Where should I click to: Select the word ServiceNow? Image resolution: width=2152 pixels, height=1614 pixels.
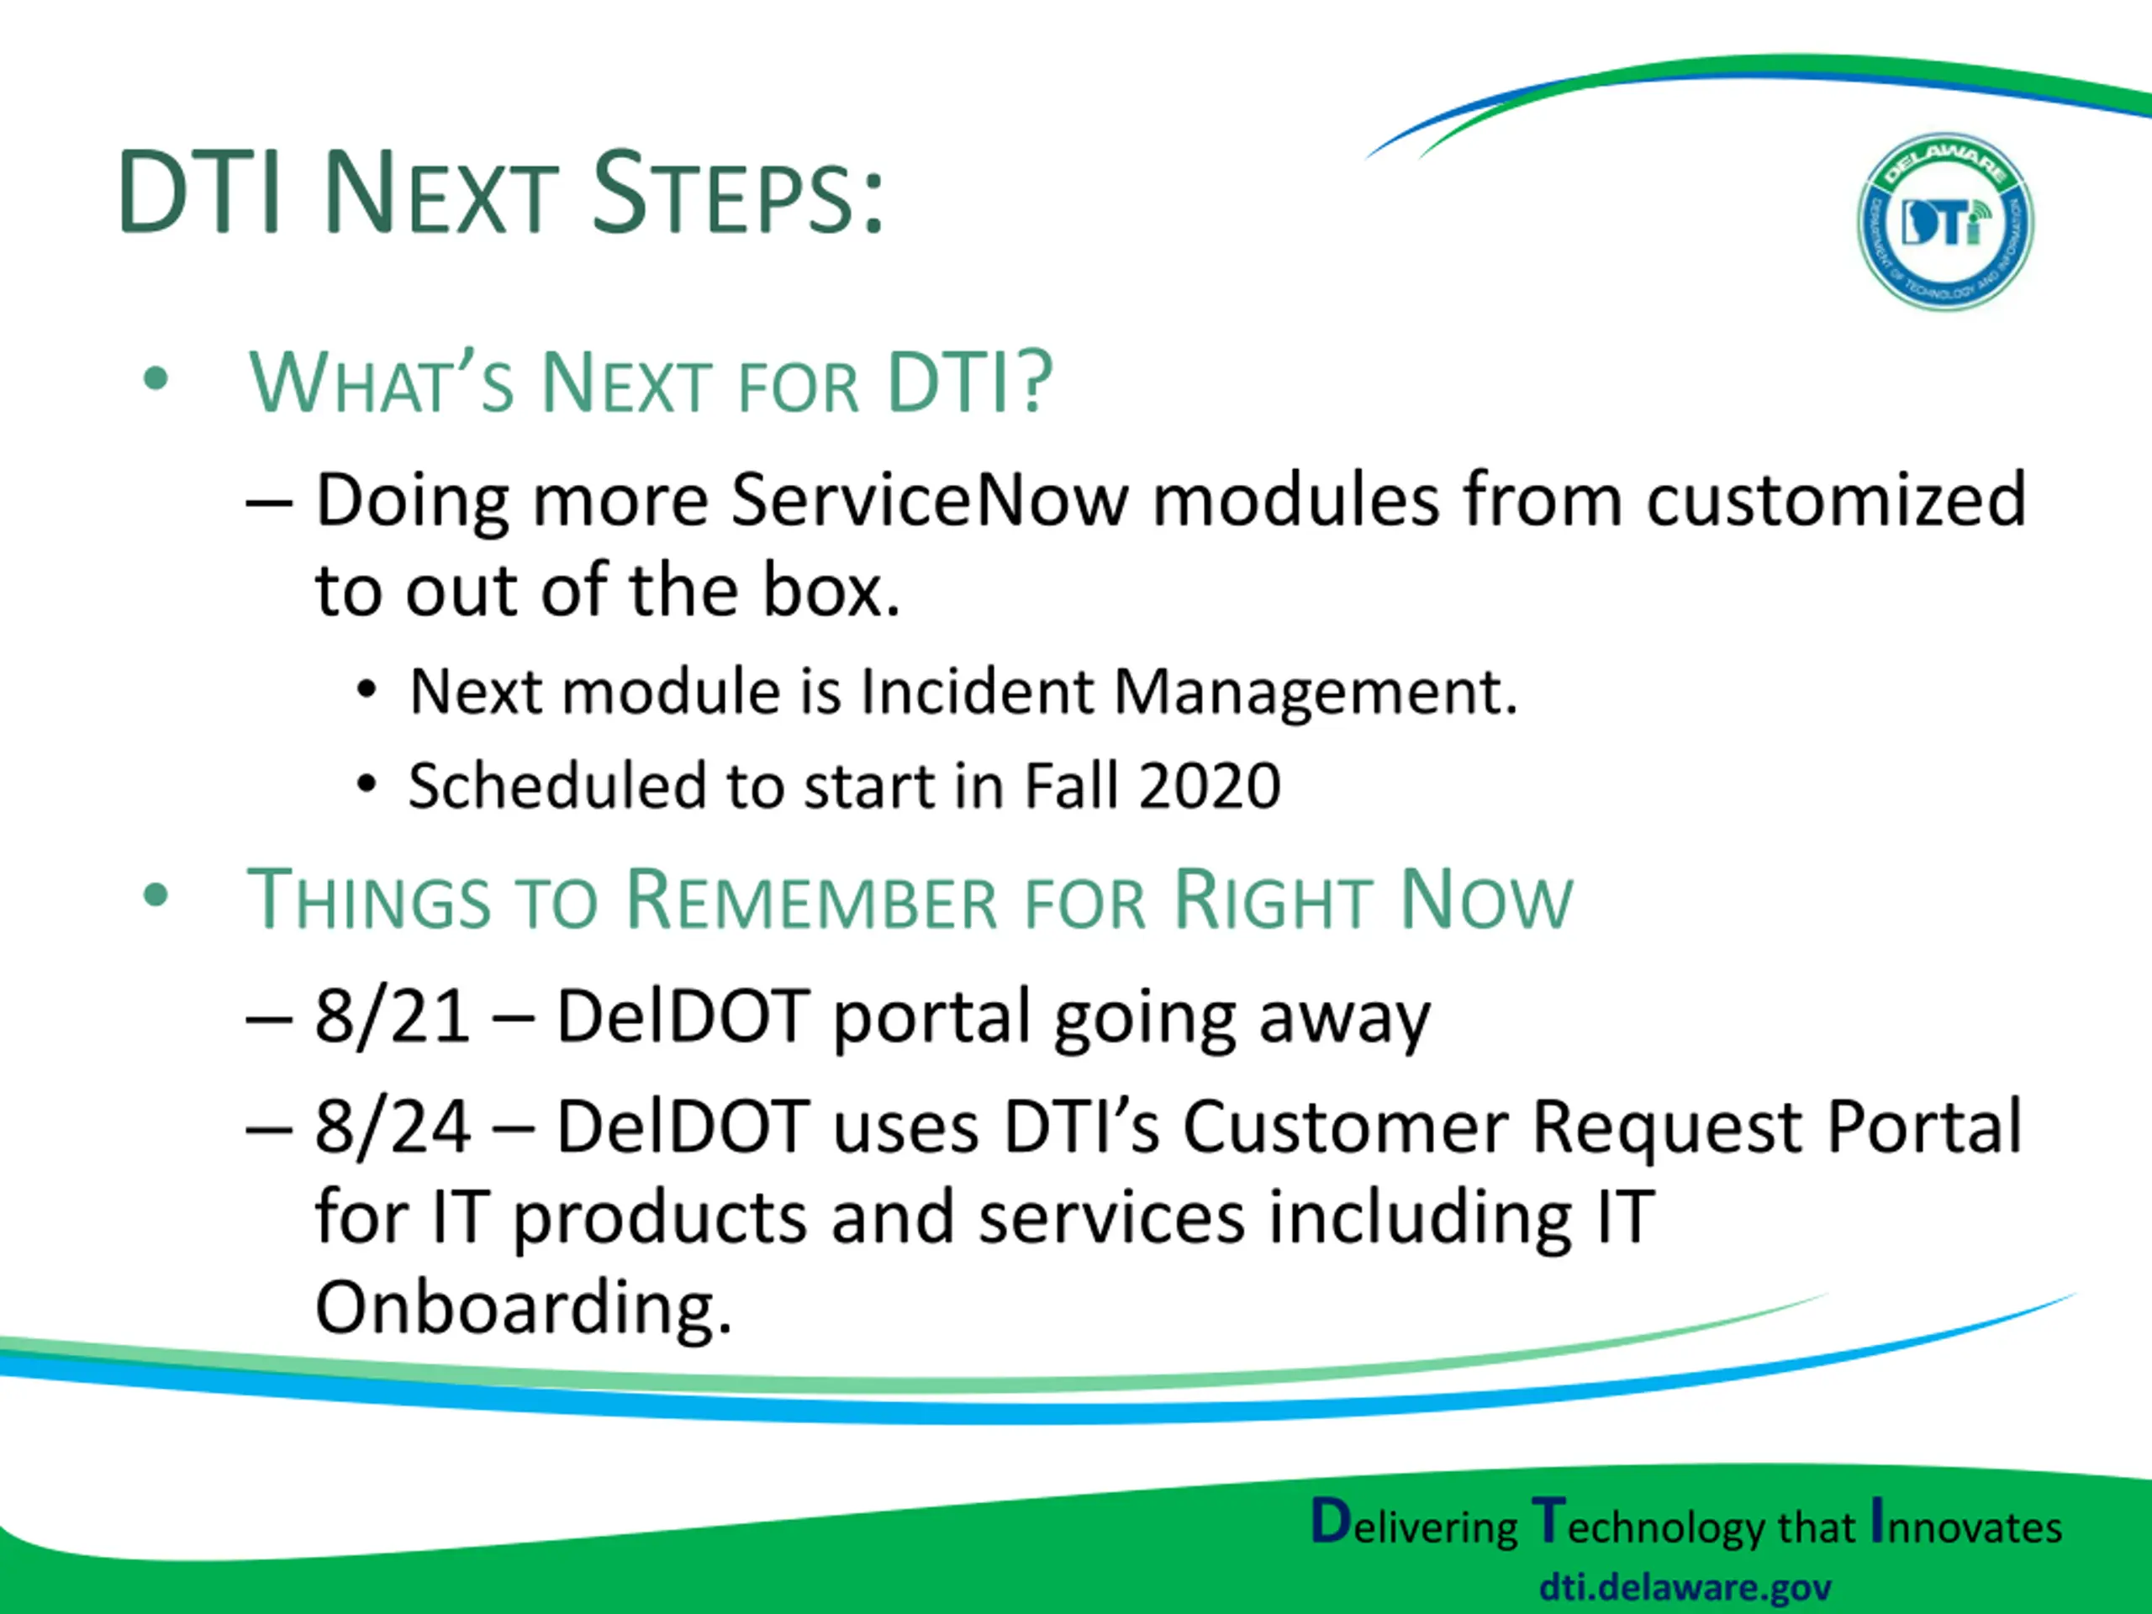[930, 500]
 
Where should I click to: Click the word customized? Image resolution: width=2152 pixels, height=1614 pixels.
[1836, 500]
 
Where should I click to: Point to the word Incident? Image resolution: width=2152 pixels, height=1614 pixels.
[977, 693]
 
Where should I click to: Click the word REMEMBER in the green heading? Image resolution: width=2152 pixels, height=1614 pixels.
[811, 900]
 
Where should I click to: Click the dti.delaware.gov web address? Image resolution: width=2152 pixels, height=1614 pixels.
[1685, 1588]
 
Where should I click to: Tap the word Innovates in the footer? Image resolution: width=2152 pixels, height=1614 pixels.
[1966, 1525]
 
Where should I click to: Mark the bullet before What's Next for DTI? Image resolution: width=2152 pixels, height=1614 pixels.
[156, 379]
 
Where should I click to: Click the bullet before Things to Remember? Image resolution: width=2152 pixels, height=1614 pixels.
[156, 896]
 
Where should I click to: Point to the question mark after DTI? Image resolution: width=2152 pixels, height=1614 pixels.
[1033, 382]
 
